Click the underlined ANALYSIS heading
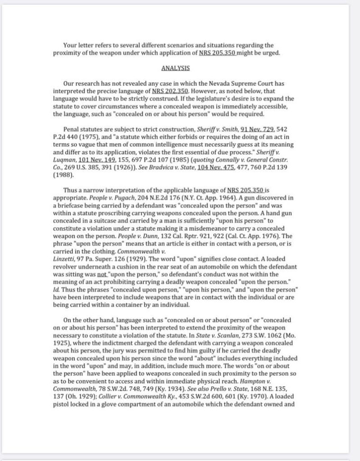[x=175, y=68]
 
